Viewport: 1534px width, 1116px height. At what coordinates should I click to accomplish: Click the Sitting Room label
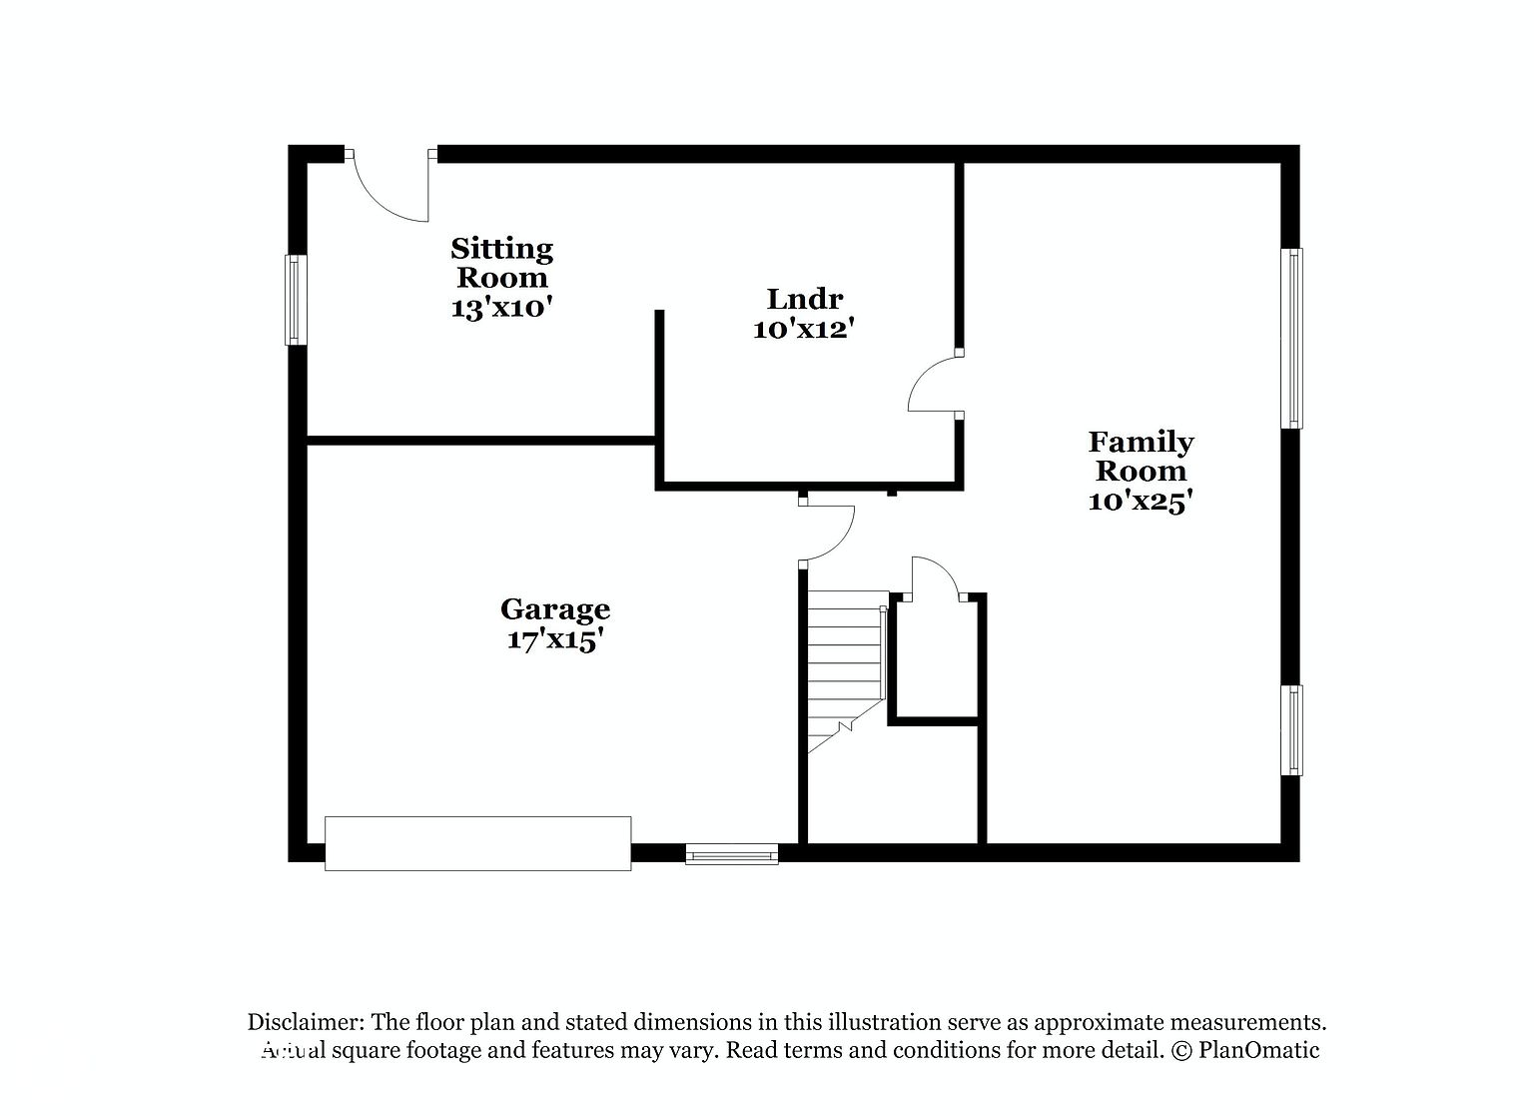click(x=502, y=263)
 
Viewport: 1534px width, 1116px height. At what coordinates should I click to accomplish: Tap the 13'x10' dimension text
click(x=502, y=309)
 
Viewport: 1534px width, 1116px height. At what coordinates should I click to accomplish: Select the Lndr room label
click(x=805, y=300)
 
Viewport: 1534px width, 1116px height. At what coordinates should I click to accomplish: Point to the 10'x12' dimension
click(x=805, y=331)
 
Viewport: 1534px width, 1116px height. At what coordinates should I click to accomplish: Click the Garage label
click(x=554, y=609)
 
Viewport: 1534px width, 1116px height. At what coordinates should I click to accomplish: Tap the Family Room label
click(x=1141, y=457)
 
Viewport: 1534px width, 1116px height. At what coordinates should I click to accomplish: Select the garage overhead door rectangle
click(x=478, y=843)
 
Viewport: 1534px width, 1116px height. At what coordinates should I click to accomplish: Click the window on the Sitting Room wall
click(x=296, y=300)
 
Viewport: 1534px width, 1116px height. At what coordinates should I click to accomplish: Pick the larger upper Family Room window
click(x=1291, y=339)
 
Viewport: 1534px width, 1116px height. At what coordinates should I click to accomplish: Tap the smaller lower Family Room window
click(x=1291, y=730)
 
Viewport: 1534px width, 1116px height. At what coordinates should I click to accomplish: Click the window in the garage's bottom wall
click(x=732, y=853)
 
